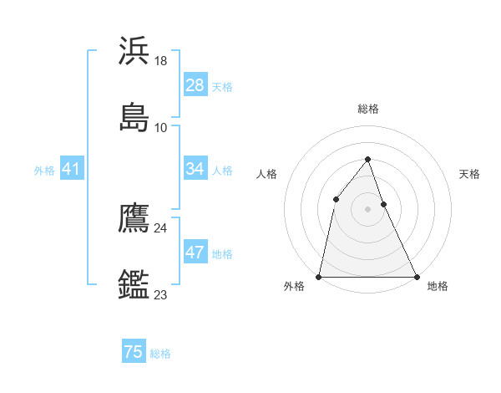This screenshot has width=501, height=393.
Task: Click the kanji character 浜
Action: click(134, 51)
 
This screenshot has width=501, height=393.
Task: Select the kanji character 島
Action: click(134, 117)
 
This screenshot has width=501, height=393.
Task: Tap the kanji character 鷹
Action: click(134, 218)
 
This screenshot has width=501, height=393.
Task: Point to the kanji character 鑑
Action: click(134, 284)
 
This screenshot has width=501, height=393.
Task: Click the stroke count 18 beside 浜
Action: click(161, 61)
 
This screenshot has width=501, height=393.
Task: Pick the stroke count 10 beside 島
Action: click(161, 127)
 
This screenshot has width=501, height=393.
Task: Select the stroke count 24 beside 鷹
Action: click(161, 227)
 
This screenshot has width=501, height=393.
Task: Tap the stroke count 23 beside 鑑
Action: click(161, 294)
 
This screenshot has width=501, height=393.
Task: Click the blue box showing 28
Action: click(195, 85)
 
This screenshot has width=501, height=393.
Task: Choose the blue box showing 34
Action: click(195, 169)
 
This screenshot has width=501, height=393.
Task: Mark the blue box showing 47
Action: click(195, 253)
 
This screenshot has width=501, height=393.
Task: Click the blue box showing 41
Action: click(72, 169)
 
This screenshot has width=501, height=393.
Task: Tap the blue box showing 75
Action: click(134, 352)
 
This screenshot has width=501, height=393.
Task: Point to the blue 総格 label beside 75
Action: click(161, 354)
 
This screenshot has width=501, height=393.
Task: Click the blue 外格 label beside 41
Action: click(44, 171)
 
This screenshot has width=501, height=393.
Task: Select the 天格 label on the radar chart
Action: click(470, 174)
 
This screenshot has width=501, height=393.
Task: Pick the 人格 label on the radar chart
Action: click(266, 174)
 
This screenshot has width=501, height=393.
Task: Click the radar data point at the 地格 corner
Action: click(417, 276)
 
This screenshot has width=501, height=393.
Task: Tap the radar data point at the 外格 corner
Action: click(319, 276)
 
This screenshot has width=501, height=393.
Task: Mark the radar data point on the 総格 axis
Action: click(367, 159)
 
